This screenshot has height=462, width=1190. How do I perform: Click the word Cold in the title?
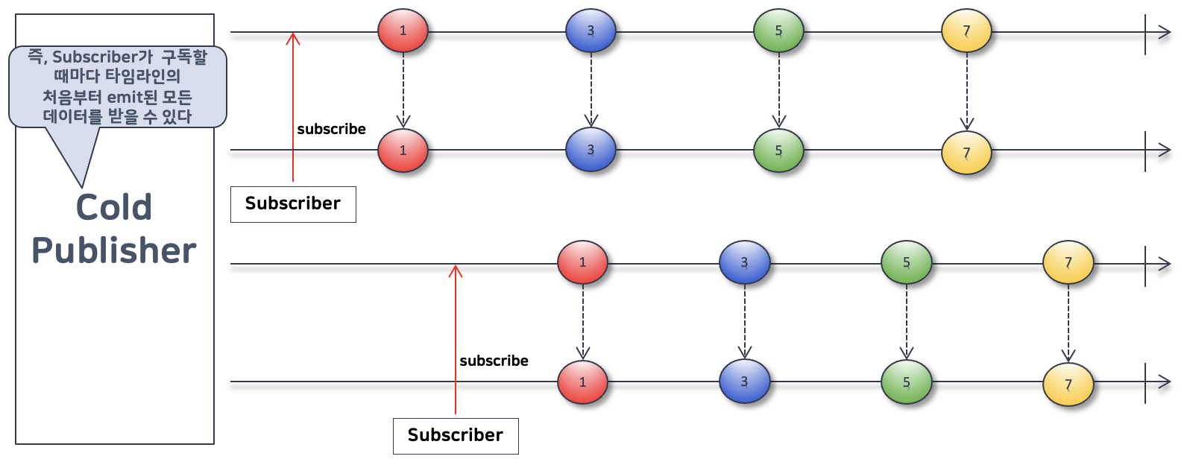(x=114, y=207)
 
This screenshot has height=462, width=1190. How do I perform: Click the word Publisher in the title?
(x=114, y=250)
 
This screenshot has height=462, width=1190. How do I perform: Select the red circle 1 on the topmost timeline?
(x=403, y=31)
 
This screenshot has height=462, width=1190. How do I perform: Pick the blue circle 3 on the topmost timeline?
(x=591, y=31)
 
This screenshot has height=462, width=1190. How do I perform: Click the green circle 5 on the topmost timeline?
(x=778, y=31)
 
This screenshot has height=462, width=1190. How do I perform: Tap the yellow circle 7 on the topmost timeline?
(x=966, y=31)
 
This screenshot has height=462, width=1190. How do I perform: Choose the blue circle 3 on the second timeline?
(x=591, y=150)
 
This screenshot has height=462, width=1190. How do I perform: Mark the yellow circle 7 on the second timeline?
(x=966, y=153)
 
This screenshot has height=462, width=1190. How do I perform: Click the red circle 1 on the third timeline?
(x=582, y=262)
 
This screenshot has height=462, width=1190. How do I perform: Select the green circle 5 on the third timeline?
(x=906, y=262)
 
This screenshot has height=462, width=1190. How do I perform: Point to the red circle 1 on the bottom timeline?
(x=582, y=382)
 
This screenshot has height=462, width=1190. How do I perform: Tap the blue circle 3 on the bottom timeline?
(x=744, y=382)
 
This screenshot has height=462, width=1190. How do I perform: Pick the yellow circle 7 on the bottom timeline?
(x=1068, y=385)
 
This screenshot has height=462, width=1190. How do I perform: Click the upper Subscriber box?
(x=293, y=204)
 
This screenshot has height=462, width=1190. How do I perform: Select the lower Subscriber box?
(x=456, y=436)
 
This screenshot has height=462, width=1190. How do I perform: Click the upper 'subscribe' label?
(x=331, y=129)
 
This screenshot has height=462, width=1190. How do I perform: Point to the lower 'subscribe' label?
(x=494, y=361)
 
